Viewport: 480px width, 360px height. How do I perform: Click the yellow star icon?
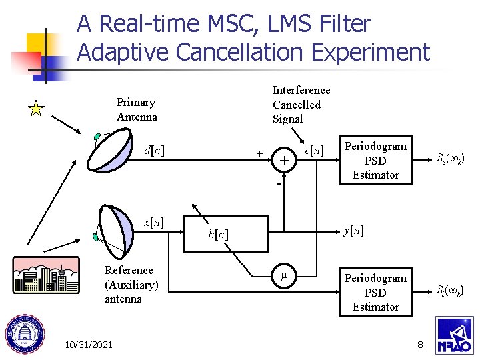tap(37, 109)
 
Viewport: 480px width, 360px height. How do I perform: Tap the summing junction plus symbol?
tap(285, 161)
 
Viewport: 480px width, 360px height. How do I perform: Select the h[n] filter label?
tap(217, 234)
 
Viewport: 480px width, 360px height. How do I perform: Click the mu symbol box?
tap(284, 275)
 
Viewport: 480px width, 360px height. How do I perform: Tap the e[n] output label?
tap(313, 151)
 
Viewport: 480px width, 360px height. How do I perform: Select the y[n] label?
tap(353, 231)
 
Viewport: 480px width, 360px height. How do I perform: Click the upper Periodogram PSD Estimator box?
tap(375, 161)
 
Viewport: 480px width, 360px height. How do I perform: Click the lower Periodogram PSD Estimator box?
tap(375, 292)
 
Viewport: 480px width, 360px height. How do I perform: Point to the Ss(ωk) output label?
tap(451, 159)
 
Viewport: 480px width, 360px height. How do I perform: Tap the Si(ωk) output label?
tap(451, 291)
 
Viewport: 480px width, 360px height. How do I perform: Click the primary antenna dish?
tap(117, 151)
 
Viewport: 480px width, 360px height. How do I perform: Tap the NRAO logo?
tap(454, 335)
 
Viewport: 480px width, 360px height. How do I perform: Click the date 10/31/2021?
tap(89, 344)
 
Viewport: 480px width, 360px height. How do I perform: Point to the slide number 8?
tap(420, 344)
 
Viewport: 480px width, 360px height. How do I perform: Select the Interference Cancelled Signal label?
tap(301, 105)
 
